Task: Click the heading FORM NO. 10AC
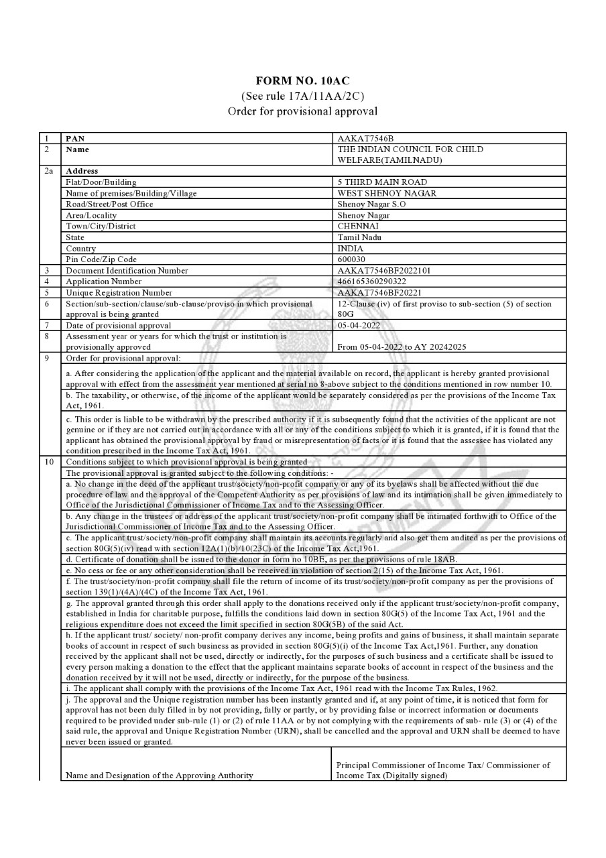[302, 81]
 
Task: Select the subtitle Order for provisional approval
[302, 111]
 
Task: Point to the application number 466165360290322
[372, 282]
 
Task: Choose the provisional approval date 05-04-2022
[359, 325]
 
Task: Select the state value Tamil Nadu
[358, 237]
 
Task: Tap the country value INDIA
[351, 249]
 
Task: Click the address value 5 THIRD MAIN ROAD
[382, 182]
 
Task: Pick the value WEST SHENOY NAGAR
[387, 193]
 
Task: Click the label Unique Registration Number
[119, 293]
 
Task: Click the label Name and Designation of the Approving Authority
[160, 776]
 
